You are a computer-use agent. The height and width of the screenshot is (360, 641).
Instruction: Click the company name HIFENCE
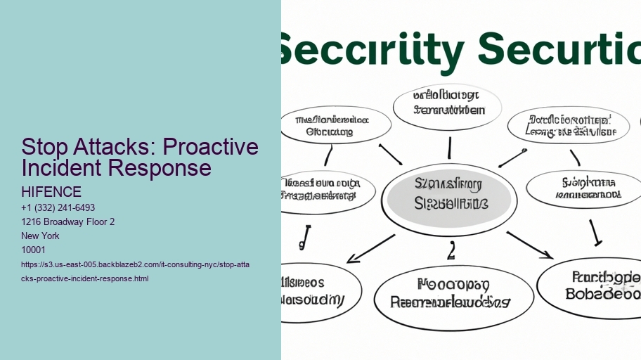[x=51, y=192]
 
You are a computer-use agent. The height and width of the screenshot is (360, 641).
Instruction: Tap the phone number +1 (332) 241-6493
[x=58, y=208]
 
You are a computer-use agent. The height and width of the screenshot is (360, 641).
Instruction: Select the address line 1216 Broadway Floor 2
[x=68, y=222]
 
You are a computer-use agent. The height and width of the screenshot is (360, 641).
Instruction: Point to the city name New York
[x=41, y=236]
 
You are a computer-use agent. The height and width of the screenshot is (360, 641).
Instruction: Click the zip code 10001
[x=34, y=250]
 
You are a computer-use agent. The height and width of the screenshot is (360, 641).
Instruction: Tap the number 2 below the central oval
[x=452, y=251]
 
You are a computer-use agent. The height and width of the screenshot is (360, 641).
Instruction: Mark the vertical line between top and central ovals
[x=449, y=148]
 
